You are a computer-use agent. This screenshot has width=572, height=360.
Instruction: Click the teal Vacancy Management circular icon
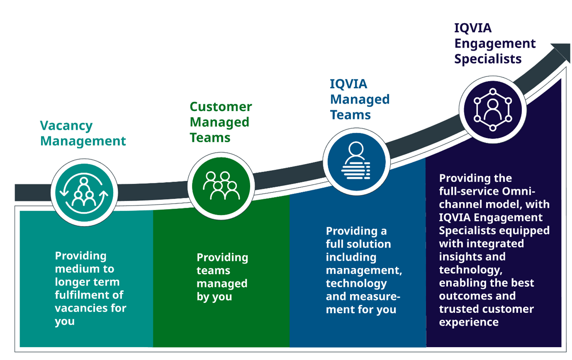click(84, 192)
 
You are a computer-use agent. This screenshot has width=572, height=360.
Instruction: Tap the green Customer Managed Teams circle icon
click(221, 186)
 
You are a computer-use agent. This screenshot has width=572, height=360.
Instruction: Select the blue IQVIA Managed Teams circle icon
click(356, 162)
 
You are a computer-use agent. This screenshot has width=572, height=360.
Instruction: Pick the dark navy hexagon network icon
click(493, 109)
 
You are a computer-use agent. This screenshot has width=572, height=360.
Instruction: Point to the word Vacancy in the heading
click(66, 126)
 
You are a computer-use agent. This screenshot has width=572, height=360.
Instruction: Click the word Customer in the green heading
click(221, 107)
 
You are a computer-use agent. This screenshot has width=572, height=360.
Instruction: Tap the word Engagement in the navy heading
click(495, 44)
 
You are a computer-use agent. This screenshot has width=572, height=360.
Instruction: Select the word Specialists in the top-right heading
click(488, 59)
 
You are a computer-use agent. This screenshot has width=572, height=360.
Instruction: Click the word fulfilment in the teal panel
click(89, 295)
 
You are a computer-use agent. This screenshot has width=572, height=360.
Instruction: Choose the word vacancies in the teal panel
click(81, 308)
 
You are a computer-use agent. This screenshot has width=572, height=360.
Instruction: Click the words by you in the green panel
click(214, 297)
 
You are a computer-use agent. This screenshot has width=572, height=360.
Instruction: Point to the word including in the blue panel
click(351, 258)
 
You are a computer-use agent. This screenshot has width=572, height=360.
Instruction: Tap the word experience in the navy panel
click(469, 323)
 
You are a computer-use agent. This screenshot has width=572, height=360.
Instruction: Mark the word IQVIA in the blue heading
click(348, 84)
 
